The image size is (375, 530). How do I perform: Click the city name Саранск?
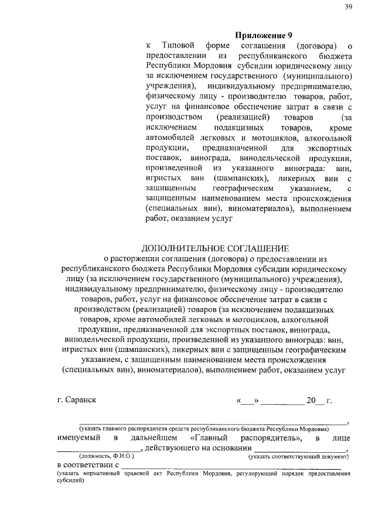pos(77,401)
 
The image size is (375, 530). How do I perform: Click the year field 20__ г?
pos(320,401)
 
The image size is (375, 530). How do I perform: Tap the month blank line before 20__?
pos(282,402)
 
